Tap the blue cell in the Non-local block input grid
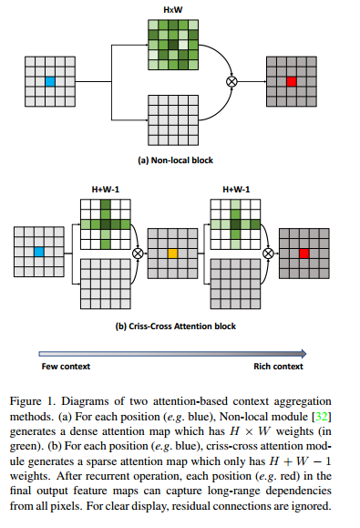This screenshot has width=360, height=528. pyautogui.click(x=50, y=82)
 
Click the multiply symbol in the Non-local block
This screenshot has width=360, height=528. pyautogui.click(x=231, y=82)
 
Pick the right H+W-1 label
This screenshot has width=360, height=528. pyautogui.click(x=236, y=191)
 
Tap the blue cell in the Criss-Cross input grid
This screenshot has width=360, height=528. pyautogui.click(x=39, y=252)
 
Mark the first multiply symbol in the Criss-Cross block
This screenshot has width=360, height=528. pyautogui.click(x=139, y=253)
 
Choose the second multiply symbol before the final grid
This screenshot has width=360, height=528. pyautogui.click(x=270, y=253)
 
